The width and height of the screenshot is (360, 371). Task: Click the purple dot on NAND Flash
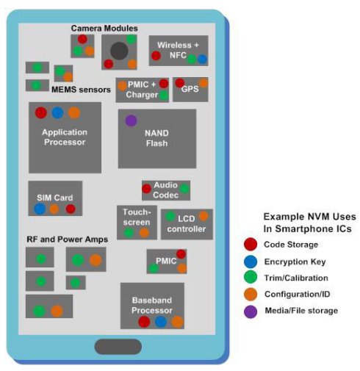pos(131,120)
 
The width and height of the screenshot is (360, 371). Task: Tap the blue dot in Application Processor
pos(57,113)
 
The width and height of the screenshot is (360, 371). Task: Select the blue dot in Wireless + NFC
pos(202,59)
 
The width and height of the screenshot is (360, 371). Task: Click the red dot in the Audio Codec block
pos(146,189)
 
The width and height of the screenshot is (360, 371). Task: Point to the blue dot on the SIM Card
pos(40,209)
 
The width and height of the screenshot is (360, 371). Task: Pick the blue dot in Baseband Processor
pos(161,322)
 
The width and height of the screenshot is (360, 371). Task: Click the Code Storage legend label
pos(291,245)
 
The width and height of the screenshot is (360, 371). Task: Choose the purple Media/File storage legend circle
pos(251,311)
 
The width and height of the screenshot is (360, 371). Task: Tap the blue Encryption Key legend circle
pos(251,262)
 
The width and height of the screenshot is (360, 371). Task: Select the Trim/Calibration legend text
pos(296,278)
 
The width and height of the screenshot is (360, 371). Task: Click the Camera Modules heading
pos(104,28)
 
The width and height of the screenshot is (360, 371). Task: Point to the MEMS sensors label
pos(81,90)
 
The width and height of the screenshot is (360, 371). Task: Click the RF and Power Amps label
pos(67,239)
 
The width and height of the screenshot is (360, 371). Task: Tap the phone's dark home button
pos(118,347)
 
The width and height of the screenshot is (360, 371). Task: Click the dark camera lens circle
pos(119,51)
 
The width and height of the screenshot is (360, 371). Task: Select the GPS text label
pos(190,89)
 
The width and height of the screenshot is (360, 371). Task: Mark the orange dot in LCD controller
pos(204,216)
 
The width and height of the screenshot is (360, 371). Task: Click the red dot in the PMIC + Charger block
pos(164,84)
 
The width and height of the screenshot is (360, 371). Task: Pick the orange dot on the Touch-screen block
pos(144,233)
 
